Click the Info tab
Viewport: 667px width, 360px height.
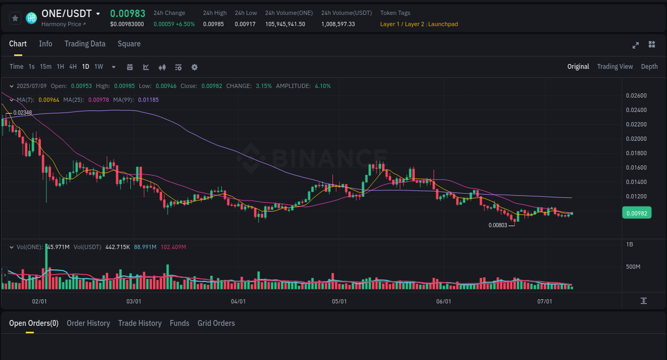[x=45, y=44]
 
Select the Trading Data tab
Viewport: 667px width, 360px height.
[x=85, y=44]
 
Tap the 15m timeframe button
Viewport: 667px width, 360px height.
[x=45, y=67]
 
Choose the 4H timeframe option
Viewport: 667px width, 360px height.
[x=73, y=67]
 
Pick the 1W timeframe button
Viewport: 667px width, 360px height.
[x=99, y=67]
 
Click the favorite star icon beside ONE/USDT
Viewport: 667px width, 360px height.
[x=15, y=18]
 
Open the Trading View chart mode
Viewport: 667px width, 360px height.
[x=615, y=67]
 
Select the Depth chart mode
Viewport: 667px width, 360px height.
[x=649, y=67]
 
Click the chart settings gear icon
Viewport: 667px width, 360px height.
[x=194, y=67]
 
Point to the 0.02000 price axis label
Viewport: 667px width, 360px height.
[x=636, y=139]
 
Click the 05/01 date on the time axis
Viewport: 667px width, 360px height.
[x=339, y=301]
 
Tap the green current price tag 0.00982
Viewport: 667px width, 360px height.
[x=637, y=213]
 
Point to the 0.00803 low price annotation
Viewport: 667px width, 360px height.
[x=497, y=225]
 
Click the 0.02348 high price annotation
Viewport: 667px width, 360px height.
[x=22, y=113]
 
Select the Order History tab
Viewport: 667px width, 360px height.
[x=88, y=323]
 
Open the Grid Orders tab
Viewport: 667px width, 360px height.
[x=216, y=323]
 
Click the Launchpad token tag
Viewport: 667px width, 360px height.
[x=443, y=24]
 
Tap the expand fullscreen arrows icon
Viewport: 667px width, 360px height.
[x=636, y=45]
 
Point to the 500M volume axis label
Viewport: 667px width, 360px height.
[x=633, y=267]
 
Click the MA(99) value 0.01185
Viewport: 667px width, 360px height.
[x=148, y=100]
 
